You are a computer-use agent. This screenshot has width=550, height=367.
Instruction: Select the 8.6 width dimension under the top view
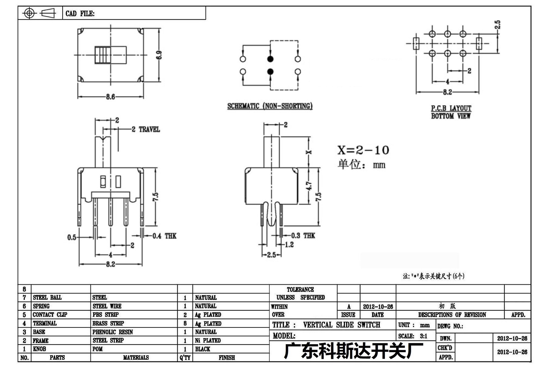point(111,97)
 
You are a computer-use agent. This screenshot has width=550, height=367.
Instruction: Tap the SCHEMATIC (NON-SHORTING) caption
point(270,106)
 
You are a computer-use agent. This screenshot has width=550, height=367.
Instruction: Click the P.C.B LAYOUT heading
point(451,108)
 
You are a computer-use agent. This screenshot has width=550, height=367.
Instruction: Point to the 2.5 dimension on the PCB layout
point(497,25)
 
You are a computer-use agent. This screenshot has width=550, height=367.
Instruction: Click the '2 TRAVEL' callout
point(146,130)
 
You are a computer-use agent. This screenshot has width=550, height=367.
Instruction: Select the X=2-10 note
point(363,150)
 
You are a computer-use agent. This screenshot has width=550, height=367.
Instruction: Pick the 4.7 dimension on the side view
point(309,186)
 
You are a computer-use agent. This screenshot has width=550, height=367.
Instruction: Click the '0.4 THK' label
point(164,236)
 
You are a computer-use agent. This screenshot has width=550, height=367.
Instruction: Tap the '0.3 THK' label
point(303,236)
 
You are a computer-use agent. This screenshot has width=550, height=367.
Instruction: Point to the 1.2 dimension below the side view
point(289,244)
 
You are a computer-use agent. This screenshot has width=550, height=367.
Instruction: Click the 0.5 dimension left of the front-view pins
point(72,237)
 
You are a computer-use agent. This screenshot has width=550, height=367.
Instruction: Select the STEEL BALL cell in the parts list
point(47,297)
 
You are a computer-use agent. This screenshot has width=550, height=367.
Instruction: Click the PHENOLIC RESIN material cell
point(113,332)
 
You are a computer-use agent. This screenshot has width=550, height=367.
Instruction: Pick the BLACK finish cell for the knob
point(203,349)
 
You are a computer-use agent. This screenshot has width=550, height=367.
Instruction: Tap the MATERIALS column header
point(136,358)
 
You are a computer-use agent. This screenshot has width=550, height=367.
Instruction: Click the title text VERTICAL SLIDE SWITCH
point(342,325)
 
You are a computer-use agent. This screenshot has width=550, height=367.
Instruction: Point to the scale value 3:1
point(424,336)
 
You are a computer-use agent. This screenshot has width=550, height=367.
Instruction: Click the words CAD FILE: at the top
point(80,14)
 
